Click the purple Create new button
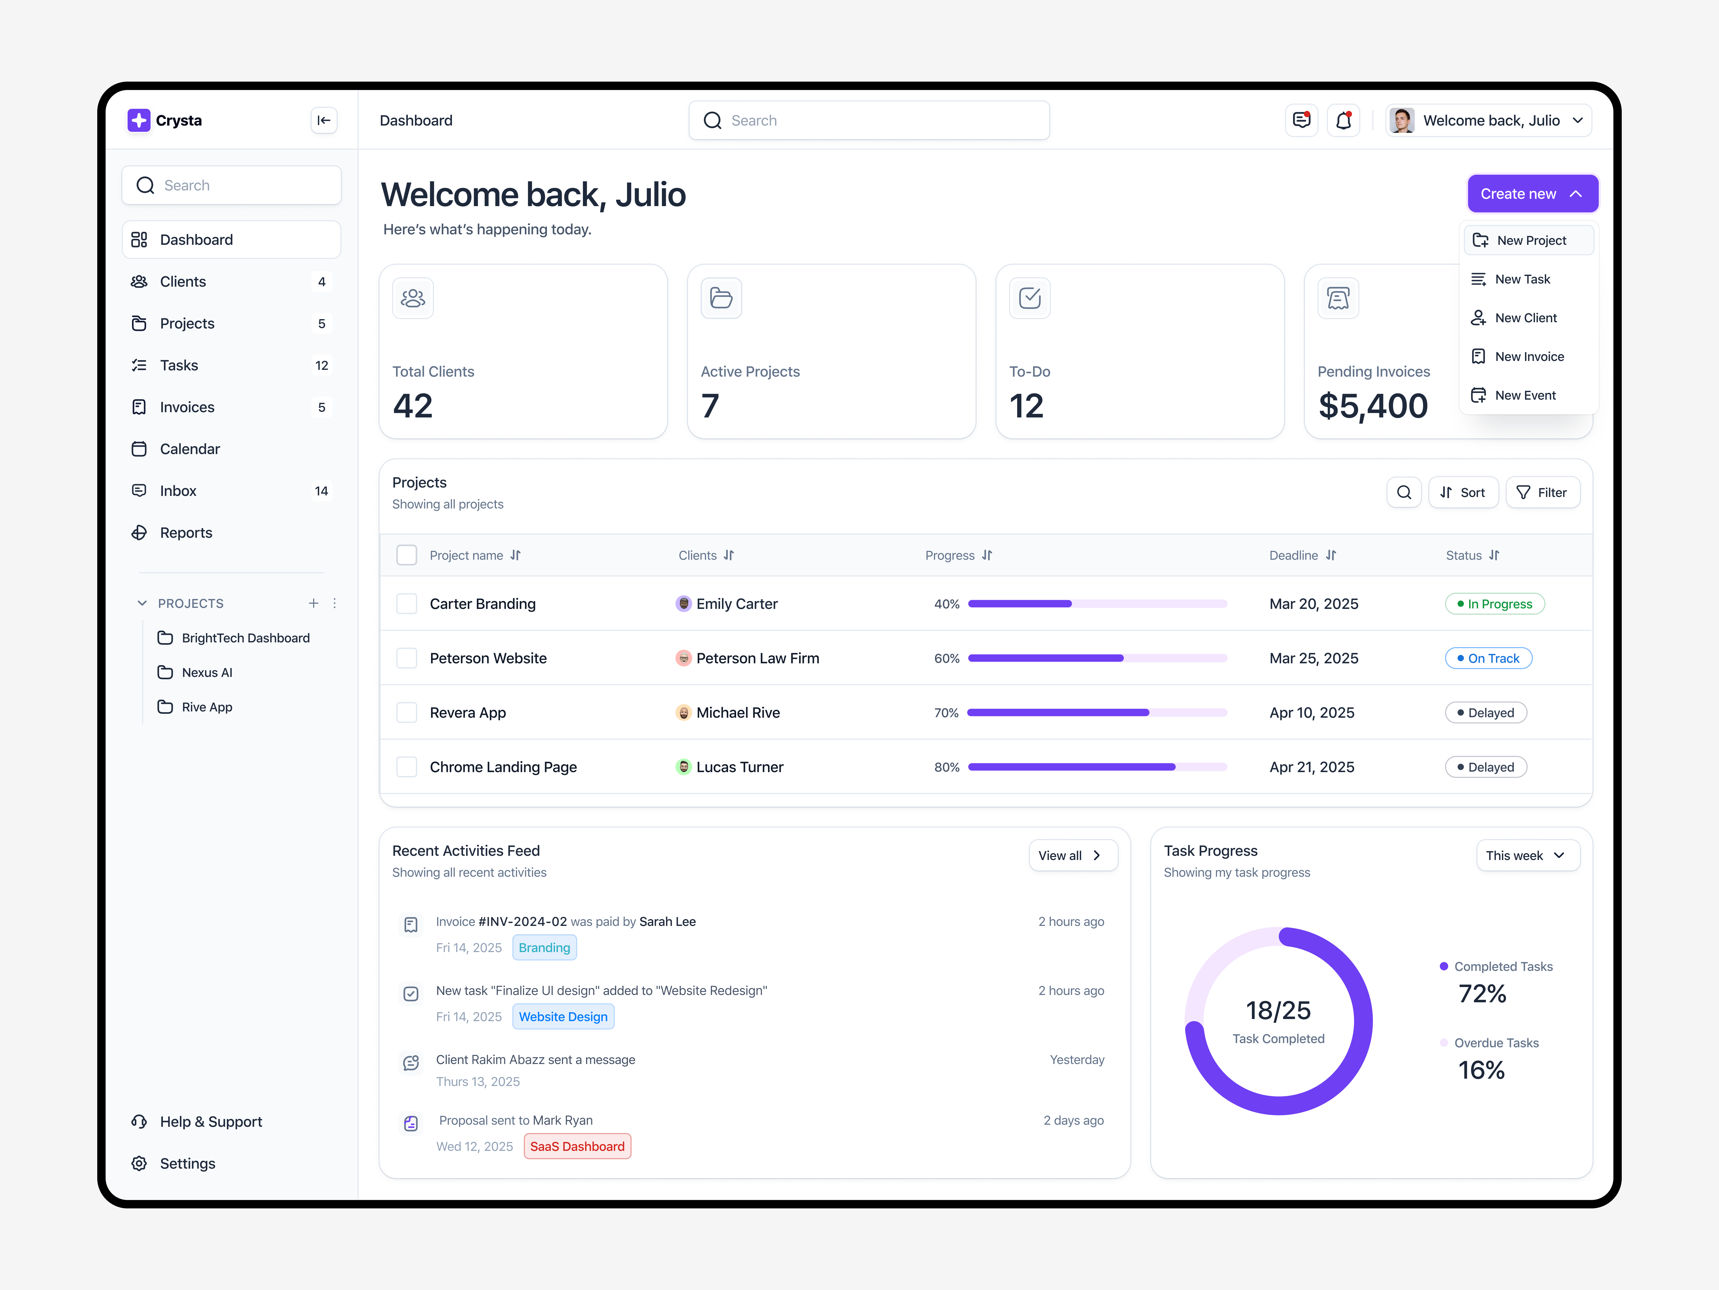[x=1531, y=194]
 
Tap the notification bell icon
[x=1343, y=121]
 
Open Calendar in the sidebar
[x=190, y=449]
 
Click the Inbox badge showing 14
[x=321, y=491]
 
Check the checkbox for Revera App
[x=406, y=712]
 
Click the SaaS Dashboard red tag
[x=577, y=1146]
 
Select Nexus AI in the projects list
[x=207, y=673]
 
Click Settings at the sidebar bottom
[x=187, y=1163]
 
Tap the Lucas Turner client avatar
[x=683, y=767]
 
